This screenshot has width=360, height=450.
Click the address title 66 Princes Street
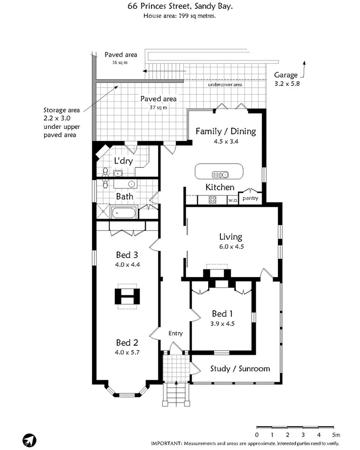coord(180,7)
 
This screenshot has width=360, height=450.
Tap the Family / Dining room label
coord(225,131)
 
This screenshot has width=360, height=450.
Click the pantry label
coord(250,199)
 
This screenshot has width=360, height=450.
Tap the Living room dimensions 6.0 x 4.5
coord(230,246)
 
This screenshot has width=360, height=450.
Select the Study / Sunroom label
coord(240,368)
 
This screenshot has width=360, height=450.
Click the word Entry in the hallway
coord(175,333)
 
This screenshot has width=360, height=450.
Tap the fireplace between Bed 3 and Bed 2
coord(127,297)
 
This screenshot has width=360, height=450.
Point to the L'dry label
coord(123,161)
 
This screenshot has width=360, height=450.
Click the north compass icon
coord(29,440)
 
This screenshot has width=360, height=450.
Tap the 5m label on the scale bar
coord(336,435)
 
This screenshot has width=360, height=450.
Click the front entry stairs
coord(176,393)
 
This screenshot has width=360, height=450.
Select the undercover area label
coord(225,85)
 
